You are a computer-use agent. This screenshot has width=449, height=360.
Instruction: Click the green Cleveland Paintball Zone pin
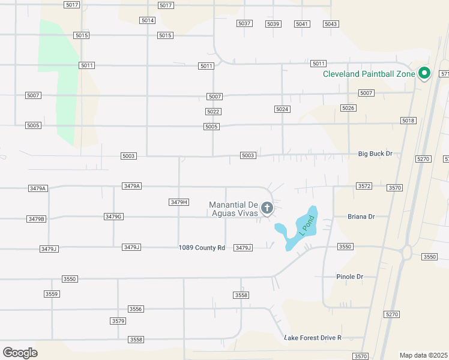coord(424,74)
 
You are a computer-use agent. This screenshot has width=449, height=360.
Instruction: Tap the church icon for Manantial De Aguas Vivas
coord(267,209)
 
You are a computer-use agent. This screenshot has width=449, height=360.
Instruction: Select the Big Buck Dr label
coord(375,154)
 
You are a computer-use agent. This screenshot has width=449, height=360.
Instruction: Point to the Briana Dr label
coord(361,217)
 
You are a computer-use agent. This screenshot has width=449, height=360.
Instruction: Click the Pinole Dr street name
coord(351,277)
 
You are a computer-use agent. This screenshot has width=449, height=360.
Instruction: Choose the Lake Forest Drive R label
coord(313,338)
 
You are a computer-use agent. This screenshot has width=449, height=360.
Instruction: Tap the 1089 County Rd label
coord(202,248)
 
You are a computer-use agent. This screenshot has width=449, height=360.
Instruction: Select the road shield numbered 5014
coord(148,20)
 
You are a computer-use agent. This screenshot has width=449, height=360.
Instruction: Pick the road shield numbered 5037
coord(244,23)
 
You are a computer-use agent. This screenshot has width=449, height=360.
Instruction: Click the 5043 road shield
coord(331,23)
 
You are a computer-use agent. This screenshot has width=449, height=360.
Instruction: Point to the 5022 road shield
coord(212,112)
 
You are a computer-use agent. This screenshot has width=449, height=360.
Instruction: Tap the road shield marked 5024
coord(282,109)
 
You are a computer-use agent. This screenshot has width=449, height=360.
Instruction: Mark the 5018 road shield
coord(408,121)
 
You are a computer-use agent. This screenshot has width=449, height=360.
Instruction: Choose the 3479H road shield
coord(179,202)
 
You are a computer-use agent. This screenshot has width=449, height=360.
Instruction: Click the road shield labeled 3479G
coord(113,216)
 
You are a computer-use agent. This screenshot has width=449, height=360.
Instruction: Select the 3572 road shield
coord(364,186)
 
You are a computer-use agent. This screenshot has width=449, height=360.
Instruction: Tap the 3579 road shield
coord(118,321)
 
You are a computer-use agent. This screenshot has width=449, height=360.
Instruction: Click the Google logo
coord(20,353)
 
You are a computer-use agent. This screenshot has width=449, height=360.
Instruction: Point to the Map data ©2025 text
coord(424,355)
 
